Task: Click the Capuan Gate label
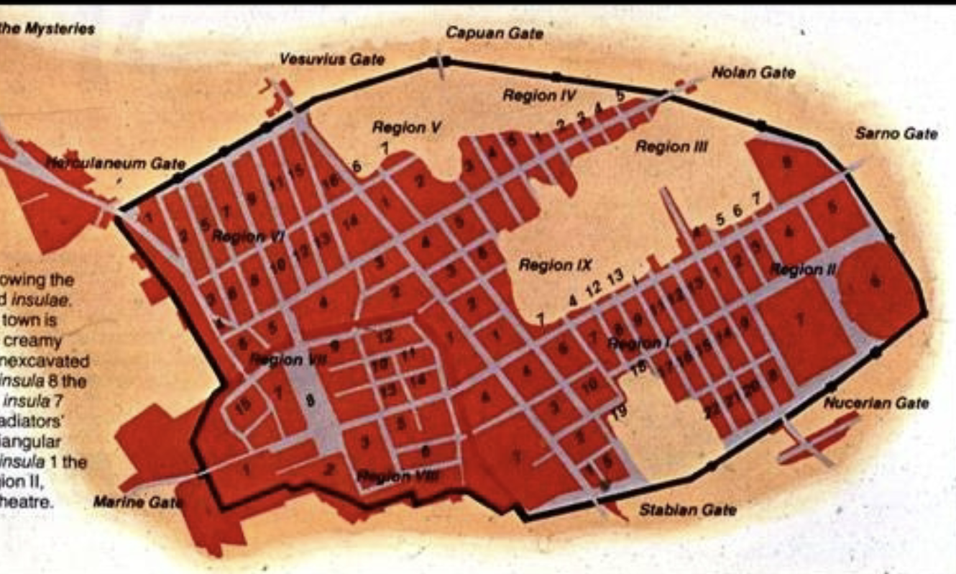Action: point(495,33)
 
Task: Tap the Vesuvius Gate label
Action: point(331,60)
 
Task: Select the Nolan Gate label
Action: point(753,73)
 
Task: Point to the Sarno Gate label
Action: point(896,134)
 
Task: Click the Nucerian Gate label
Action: point(875,403)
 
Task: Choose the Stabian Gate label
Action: point(687,510)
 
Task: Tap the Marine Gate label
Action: point(137,501)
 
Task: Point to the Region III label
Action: point(671,147)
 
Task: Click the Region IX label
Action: point(556,265)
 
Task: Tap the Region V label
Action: point(406,127)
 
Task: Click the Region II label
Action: point(803,270)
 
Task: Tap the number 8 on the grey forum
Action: point(311,401)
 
